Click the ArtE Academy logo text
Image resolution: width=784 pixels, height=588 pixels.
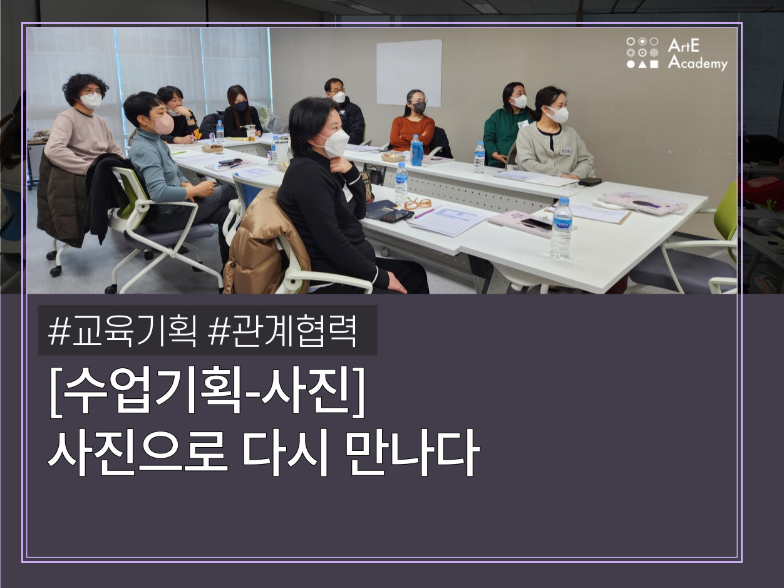(x=697, y=54)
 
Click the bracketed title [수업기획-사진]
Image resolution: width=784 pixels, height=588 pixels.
(x=207, y=391)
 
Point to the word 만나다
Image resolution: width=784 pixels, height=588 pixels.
(x=413, y=453)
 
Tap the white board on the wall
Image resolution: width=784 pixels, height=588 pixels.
(x=409, y=73)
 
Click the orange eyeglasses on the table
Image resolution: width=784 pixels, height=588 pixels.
(x=418, y=204)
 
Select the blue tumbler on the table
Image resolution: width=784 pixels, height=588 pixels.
(x=416, y=150)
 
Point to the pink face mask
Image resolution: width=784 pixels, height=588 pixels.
(x=163, y=124)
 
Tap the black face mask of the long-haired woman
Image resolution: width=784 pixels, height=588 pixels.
(x=240, y=106)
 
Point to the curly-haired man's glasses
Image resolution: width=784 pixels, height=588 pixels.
(x=91, y=93)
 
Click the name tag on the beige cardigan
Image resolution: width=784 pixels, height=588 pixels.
(x=565, y=150)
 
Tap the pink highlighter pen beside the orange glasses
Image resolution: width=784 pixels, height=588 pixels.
(x=425, y=214)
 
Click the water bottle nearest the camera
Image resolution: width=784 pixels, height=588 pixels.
(x=562, y=228)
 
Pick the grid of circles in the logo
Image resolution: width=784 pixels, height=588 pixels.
(x=642, y=53)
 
